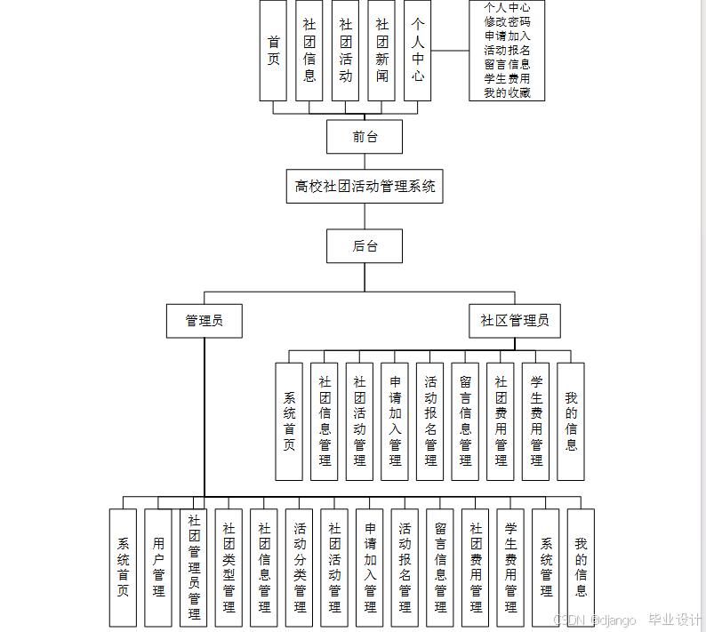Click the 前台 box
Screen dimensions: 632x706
coord(364,137)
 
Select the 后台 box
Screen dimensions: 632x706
coord(364,246)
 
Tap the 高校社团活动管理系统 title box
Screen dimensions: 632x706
coord(365,187)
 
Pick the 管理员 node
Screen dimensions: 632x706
coord(204,321)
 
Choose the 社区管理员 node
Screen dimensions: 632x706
coord(514,321)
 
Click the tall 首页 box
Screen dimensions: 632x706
coord(273,51)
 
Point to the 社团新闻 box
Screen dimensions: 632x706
coord(381,51)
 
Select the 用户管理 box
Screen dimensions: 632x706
coord(158,567)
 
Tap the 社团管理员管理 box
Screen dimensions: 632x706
coord(194,567)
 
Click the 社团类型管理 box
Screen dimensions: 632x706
coord(229,567)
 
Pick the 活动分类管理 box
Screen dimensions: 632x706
coord(300,567)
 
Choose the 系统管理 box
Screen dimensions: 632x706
coord(546,567)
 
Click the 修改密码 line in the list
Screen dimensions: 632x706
coord(507,21)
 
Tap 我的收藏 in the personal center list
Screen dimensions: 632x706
coord(507,92)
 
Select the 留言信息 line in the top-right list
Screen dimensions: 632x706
coord(507,64)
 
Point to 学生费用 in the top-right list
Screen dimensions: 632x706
coord(507,78)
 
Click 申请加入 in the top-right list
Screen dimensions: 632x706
coord(507,36)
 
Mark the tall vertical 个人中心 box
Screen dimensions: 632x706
coord(418,51)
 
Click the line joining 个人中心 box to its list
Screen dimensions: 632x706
coord(451,51)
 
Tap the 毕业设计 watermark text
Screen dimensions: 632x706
coord(675,620)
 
